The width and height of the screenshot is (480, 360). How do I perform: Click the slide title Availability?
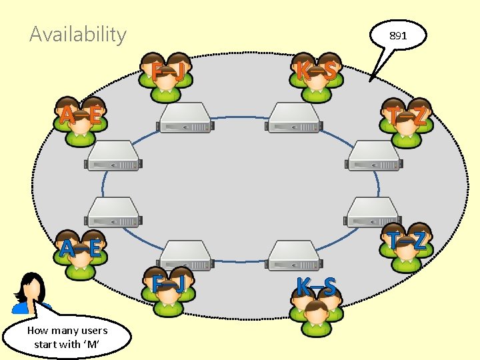point(78,34)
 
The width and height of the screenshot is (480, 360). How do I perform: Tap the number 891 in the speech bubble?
point(398,36)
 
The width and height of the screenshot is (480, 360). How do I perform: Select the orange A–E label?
point(80,117)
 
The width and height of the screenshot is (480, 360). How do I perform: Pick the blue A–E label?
point(80,249)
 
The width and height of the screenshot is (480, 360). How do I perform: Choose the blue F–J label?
point(167,284)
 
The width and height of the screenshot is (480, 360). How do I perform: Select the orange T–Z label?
point(408,117)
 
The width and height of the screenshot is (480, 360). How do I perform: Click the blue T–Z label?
point(408,241)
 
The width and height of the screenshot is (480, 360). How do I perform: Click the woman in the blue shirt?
point(30,294)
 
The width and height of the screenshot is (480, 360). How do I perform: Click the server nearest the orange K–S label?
point(293,118)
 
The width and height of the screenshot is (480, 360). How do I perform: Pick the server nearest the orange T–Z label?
point(373,155)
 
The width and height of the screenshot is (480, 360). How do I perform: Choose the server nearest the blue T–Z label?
point(372,212)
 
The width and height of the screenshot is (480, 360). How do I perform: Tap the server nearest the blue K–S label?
point(293,255)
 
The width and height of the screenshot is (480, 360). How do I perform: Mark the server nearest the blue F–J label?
point(185,255)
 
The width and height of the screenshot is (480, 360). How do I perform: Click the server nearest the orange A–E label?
point(113,155)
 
